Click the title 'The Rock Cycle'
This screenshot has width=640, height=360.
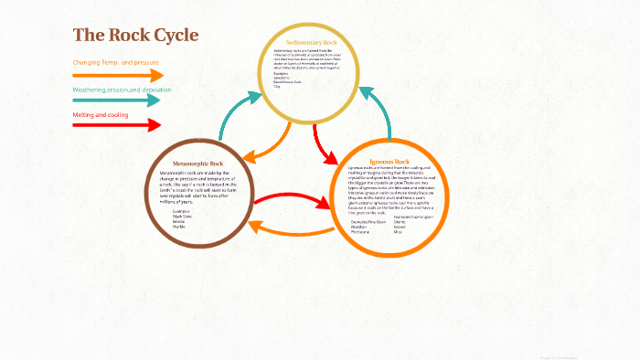click(135, 35)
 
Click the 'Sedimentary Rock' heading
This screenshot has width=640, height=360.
click(311, 43)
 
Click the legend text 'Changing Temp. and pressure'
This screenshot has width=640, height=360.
click(116, 62)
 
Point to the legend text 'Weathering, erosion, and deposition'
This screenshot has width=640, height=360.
click(122, 90)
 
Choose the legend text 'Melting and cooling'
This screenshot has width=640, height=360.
click(101, 115)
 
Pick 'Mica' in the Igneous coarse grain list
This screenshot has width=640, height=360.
click(398, 232)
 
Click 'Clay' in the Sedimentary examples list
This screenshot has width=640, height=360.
click(277, 86)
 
